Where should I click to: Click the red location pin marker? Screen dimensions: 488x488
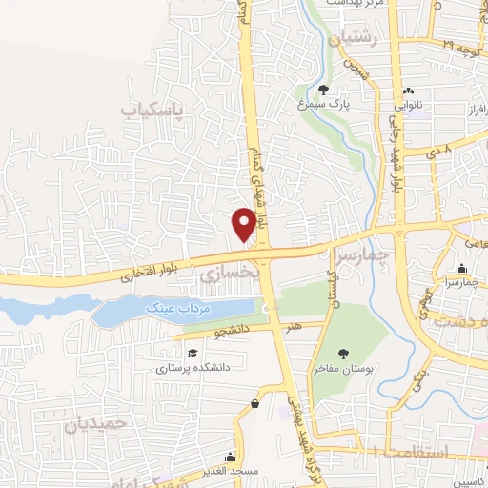point(245,223)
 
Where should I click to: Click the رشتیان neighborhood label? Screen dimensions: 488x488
point(356,39)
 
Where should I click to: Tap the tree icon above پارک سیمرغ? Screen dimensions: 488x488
point(324,91)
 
